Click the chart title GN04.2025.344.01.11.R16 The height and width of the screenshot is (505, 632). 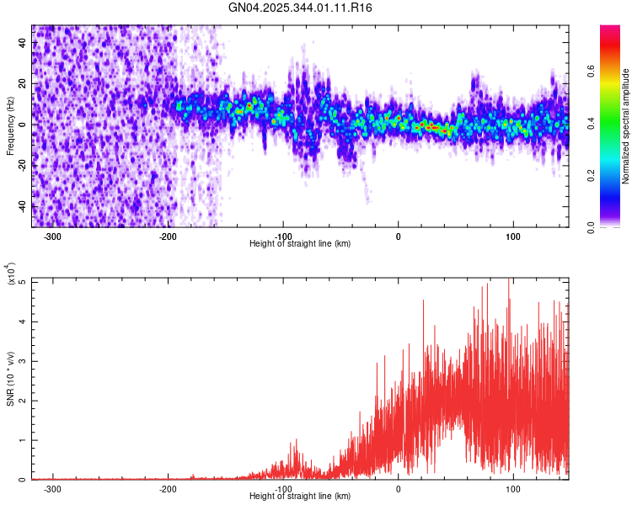(301, 8)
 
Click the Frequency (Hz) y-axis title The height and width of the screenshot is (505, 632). (10, 126)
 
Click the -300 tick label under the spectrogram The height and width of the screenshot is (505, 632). (52, 235)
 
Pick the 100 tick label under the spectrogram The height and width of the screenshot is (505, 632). (513, 235)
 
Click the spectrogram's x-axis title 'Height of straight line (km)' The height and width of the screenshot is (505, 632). (300, 243)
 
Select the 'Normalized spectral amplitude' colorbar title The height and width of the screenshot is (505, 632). (626, 126)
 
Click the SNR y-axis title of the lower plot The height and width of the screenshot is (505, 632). (10, 379)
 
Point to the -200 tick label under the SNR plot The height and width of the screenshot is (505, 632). (168, 488)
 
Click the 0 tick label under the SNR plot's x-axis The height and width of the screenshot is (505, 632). (399, 488)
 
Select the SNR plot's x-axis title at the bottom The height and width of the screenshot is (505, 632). (300, 497)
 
